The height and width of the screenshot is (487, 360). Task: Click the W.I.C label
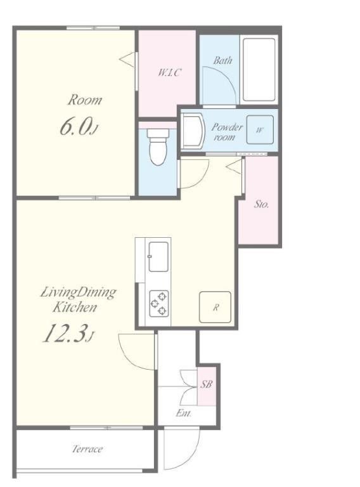coord(169,73)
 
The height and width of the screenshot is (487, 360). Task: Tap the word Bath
coord(222,60)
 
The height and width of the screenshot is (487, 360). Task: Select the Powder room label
coord(227,132)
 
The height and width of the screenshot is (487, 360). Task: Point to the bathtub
coord(259,70)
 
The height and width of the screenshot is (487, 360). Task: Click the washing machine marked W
coord(260,129)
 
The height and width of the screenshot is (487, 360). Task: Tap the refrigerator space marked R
coord(215,307)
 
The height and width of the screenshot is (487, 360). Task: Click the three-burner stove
coord(159,304)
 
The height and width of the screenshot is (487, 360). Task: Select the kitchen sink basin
coord(158,257)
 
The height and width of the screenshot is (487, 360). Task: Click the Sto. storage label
coord(261,204)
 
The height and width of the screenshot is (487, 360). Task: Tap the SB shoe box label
coord(206,384)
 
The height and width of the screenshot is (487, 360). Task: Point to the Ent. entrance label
coord(183,413)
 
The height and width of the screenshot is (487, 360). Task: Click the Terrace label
coord(87,449)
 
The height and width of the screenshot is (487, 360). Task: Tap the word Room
coord(85,100)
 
